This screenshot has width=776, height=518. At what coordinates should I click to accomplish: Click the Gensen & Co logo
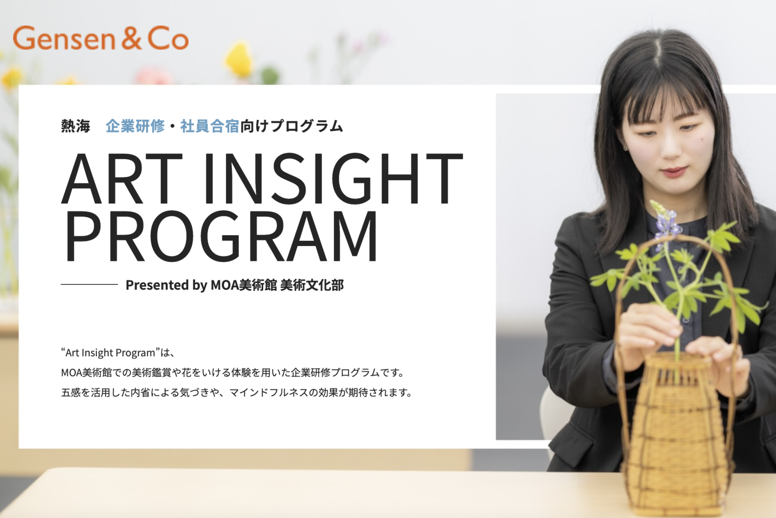[x=100, y=38]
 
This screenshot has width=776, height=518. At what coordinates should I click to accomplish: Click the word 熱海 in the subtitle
[x=75, y=126]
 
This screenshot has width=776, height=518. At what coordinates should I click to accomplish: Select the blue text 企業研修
[x=135, y=126]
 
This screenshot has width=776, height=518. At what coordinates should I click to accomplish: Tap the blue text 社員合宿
[x=210, y=126]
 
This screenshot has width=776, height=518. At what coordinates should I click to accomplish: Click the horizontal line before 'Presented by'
[x=89, y=284]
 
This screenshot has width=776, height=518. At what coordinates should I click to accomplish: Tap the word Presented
[x=157, y=285]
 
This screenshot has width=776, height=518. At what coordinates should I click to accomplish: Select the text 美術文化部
[x=312, y=285]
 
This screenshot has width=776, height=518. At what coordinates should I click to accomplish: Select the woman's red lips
[x=674, y=171]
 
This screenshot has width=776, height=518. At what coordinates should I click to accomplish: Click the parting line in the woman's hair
[x=662, y=66]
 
